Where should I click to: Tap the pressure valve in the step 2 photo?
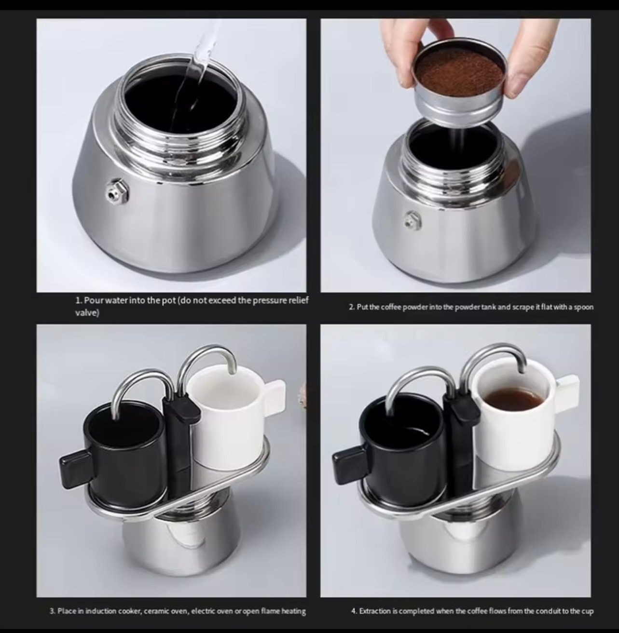413,221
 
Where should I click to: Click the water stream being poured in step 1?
195,78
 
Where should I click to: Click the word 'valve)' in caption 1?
87,313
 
